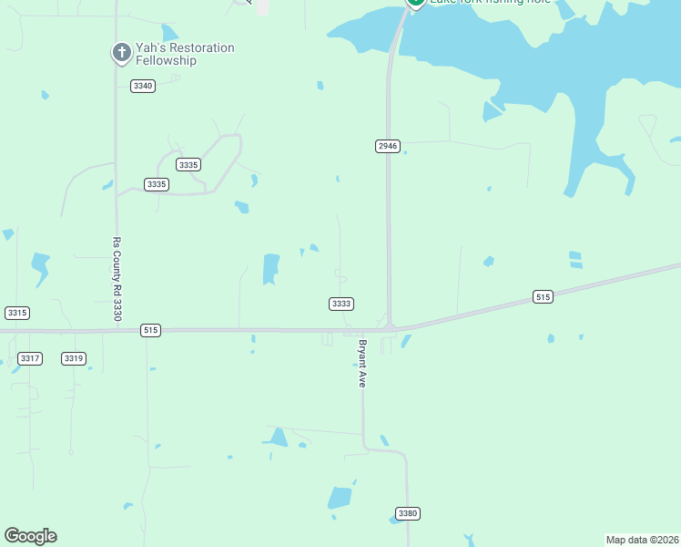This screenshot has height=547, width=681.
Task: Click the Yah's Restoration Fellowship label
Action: (x=185, y=54)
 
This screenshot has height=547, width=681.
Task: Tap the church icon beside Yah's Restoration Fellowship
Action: (x=121, y=53)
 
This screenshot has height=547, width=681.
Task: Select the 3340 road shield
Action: (x=143, y=86)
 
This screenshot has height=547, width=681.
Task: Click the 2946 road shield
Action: (x=388, y=146)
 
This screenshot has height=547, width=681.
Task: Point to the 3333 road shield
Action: (x=341, y=304)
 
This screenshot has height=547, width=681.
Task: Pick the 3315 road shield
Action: (x=17, y=313)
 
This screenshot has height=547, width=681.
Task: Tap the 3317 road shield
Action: (x=30, y=358)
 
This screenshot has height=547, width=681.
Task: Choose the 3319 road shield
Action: (x=74, y=358)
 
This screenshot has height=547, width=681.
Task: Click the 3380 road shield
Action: (x=408, y=513)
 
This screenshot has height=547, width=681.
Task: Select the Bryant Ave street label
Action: (x=361, y=364)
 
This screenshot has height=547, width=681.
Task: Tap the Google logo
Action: (x=30, y=536)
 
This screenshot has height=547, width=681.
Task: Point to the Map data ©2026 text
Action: (x=643, y=539)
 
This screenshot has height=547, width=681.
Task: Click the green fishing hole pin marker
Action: (x=415, y=3)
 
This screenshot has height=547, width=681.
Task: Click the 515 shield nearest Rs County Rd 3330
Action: (x=151, y=330)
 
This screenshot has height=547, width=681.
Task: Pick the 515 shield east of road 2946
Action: (x=543, y=297)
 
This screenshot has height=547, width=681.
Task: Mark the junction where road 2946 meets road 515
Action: (x=390, y=326)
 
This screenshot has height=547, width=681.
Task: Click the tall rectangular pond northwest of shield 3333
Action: (x=271, y=269)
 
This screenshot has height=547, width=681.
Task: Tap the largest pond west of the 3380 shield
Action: (x=340, y=498)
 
